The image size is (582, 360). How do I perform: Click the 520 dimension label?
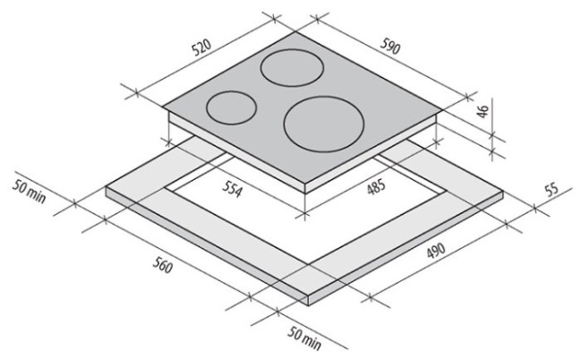201,47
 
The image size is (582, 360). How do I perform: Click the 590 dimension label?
390,46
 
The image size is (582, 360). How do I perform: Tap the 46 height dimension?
482,111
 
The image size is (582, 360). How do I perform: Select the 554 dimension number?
233,189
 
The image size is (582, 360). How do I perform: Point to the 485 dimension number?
376,186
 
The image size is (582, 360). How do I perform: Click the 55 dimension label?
552,189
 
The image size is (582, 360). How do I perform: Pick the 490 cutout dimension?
436,251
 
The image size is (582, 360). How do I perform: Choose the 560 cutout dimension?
163,265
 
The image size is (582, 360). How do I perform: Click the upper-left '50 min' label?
29,191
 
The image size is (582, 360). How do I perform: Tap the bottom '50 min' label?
304,339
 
